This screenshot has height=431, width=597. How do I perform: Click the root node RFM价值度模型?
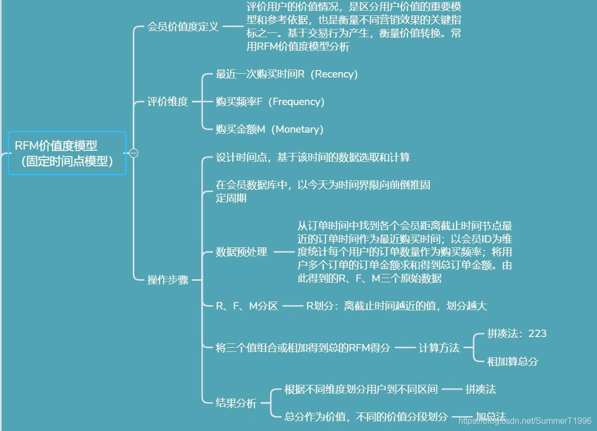pos(67,153)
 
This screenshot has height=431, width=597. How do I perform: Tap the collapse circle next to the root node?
pos(134,153)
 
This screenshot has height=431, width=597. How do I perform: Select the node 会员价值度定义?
pos(183,27)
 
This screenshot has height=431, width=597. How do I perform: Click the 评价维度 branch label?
pos(168,101)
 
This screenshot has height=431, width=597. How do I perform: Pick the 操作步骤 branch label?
pos(168,280)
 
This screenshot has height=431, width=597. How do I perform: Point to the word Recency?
pos(336,74)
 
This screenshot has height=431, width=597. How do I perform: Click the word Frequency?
pos(297,101)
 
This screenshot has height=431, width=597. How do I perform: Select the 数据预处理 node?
pos(241,252)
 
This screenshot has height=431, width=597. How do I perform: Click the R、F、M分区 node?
pos(247,306)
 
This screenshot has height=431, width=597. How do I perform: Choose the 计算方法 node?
pos(439,348)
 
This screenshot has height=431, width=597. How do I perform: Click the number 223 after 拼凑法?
pos(537,333)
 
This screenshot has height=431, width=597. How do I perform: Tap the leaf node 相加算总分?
pos(512,361)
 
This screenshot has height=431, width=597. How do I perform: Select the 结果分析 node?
pos(236,403)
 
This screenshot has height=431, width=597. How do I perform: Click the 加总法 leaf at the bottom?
pos(490,417)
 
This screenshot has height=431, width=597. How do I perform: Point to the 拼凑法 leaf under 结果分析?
pos(480,389)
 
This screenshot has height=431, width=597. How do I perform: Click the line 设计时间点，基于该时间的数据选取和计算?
pos(313,157)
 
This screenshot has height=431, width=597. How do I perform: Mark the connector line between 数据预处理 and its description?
pos(283,252)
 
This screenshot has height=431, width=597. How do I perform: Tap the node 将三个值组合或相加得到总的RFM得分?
pos(302,348)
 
